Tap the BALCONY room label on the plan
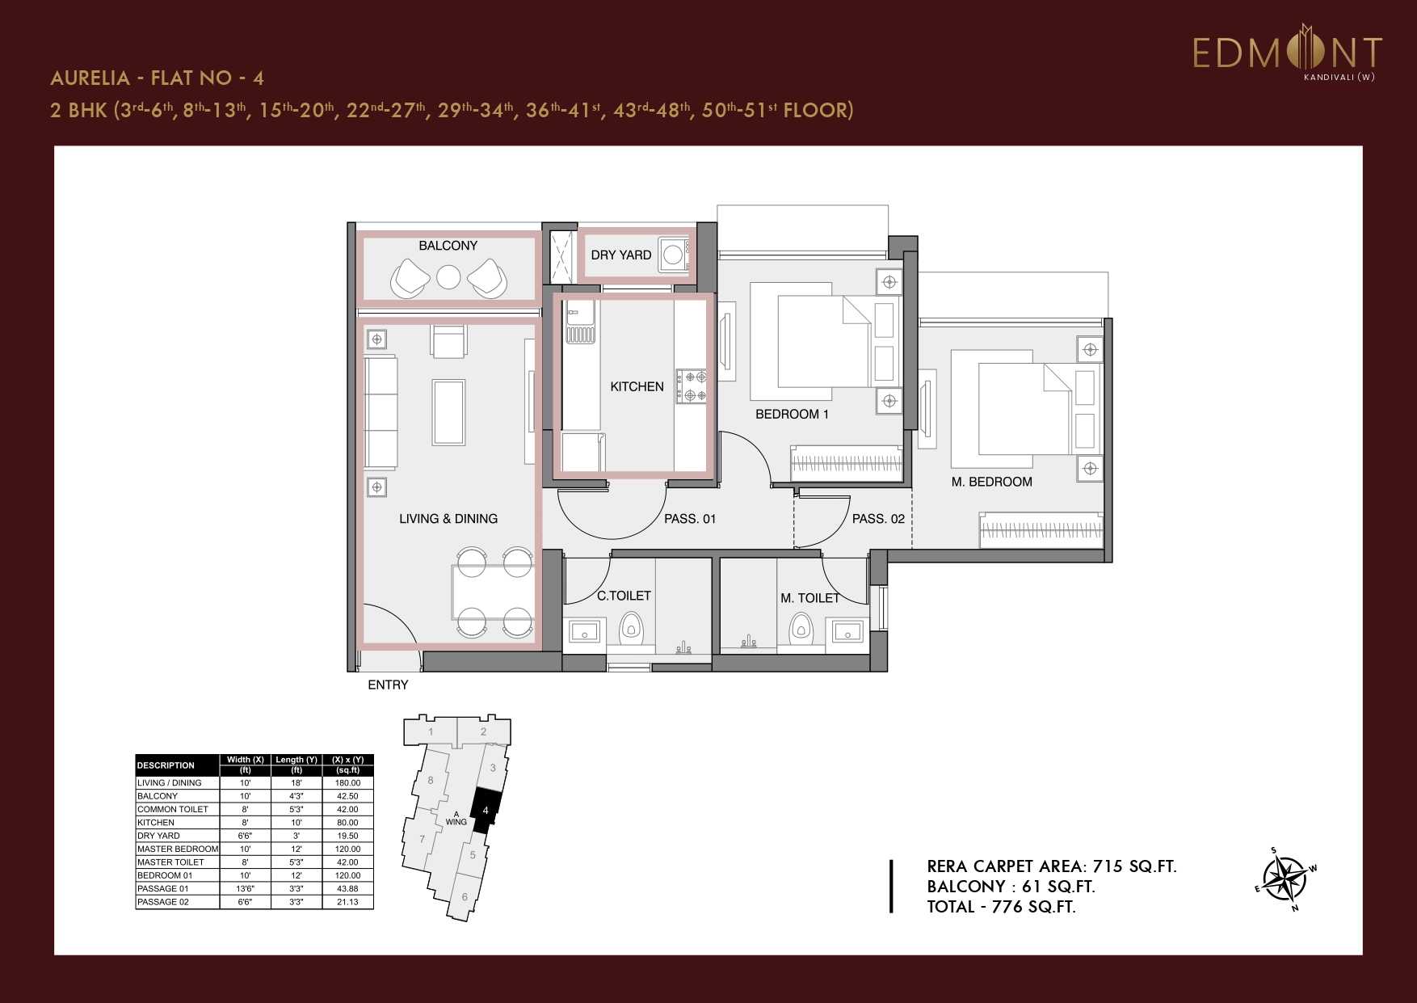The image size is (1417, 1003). [x=448, y=246]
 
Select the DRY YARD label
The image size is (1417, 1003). [x=620, y=255]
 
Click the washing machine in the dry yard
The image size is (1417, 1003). [x=673, y=255]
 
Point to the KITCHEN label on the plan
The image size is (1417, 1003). [x=637, y=387]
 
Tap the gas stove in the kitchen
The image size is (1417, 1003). [x=691, y=386]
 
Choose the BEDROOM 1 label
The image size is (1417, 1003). [x=792, y=415]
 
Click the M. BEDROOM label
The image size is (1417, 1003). [x=991, y=483]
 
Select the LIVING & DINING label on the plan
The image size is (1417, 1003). [x=448, y=519]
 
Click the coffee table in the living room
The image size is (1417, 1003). [x=448, y=412]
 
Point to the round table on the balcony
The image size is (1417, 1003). [x=448, y=277]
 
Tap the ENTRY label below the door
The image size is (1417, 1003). [x=388, y=685]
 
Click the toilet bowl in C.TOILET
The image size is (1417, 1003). [x=631, y=626]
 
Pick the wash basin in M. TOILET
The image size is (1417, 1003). [x=847, y=630]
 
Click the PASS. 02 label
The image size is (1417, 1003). [x=878, y=519]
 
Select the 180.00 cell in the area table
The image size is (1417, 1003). [x=347, y=782]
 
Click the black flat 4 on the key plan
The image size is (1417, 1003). [x=485, y=810]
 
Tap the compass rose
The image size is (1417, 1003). [x=1284, y=879]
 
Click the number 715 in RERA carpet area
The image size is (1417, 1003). [x=1108, y=866]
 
